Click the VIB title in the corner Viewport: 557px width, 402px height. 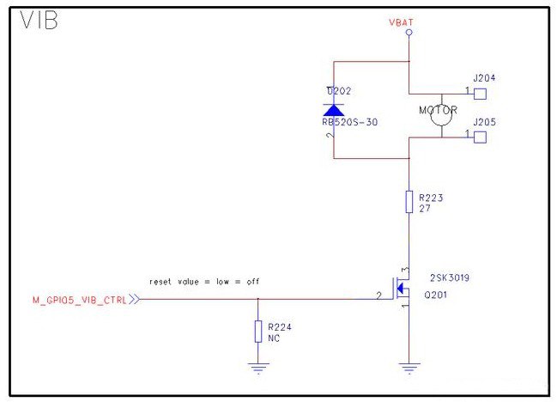(39, 21)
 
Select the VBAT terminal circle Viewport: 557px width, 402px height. (409, 33)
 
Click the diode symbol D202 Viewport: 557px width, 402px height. (332, 109)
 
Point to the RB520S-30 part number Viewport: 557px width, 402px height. (343, 122)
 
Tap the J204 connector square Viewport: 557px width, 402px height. (481, 93)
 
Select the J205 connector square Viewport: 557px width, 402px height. (481, 135)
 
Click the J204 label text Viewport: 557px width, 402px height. (483, 78)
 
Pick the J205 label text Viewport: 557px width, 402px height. (483, 121)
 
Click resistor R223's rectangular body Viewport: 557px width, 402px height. (409, 203)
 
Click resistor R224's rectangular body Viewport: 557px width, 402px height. (257, 331)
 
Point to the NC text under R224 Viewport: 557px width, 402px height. (274, 338)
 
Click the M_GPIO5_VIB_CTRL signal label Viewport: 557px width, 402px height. (80, 300)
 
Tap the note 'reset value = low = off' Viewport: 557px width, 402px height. (204, 282)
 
